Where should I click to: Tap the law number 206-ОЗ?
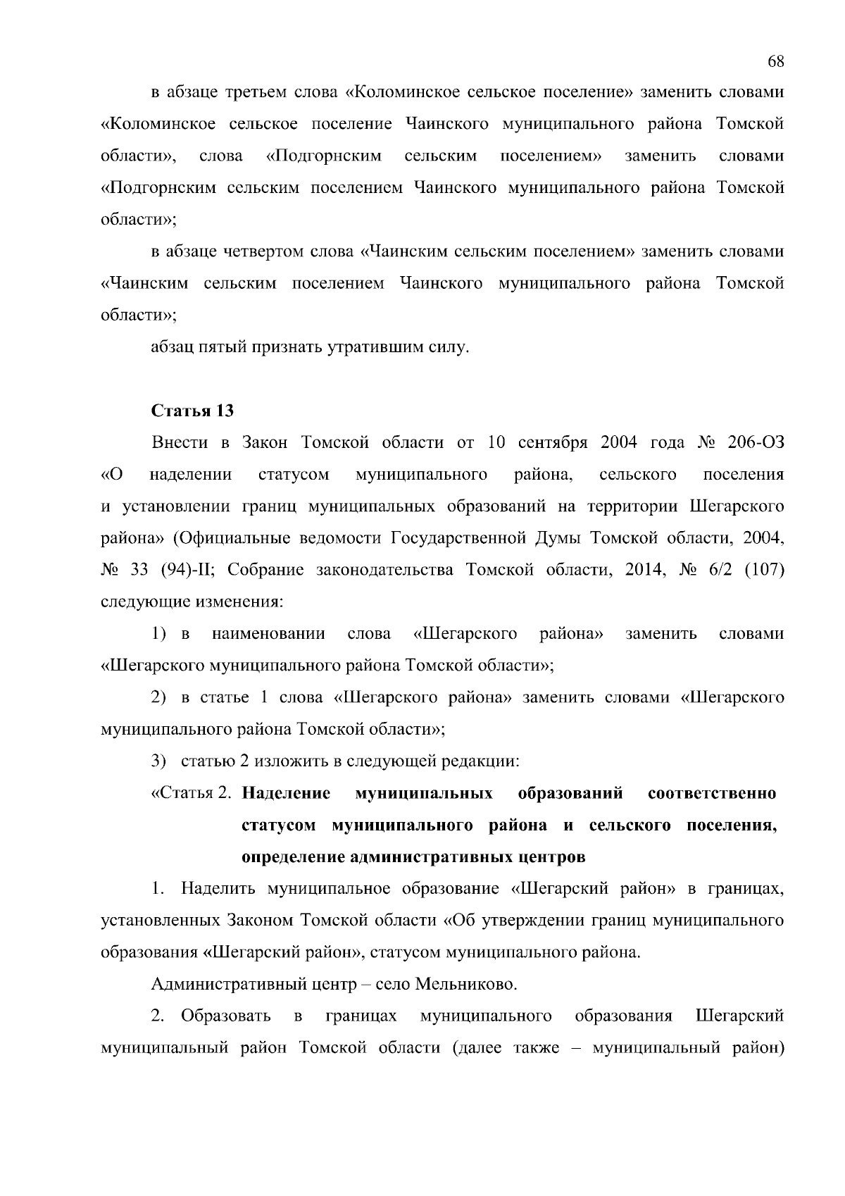[x=756, y=442]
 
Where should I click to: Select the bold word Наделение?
[x=286, y=793]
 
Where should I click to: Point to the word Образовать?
[x=226, y=1016]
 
